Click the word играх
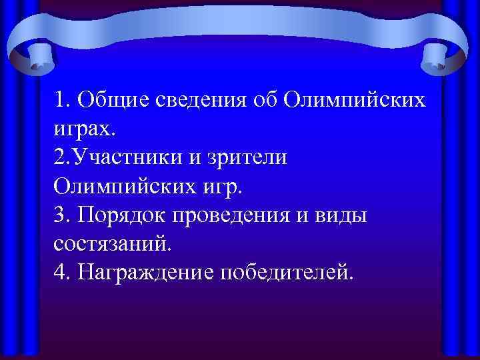[83, 129]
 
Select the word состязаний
[113, 243]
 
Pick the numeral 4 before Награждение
[61, 271]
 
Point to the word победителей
[289, 271]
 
